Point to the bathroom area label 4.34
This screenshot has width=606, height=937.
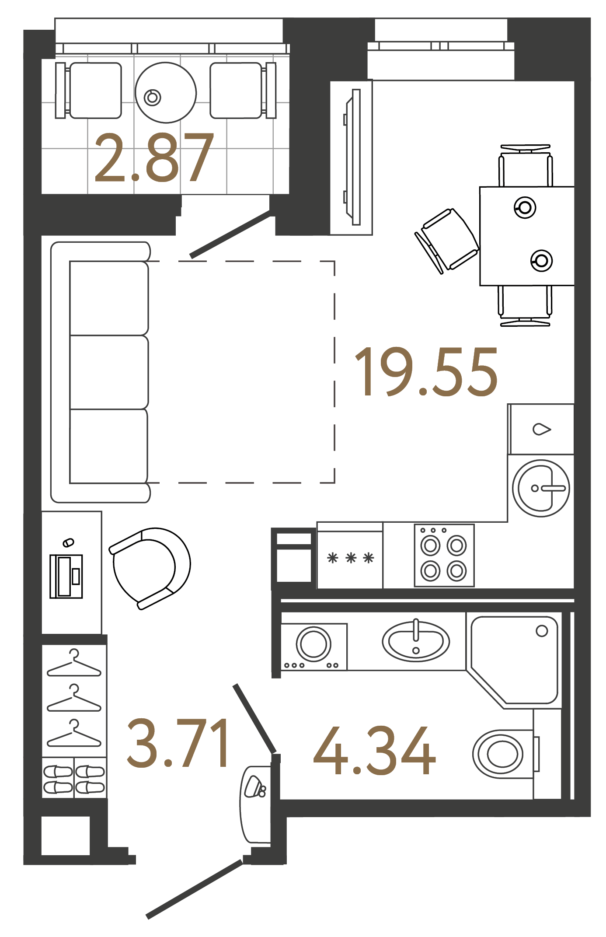pos(374,752)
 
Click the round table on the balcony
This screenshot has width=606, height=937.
pos(166,93)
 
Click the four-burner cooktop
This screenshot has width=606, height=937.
pos(444,556)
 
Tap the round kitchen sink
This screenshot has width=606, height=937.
pos(541,488)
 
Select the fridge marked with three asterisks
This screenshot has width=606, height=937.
pos(350,558)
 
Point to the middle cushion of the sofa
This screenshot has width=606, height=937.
pos(109,372)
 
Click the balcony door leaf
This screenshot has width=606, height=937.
pos(230,235)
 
